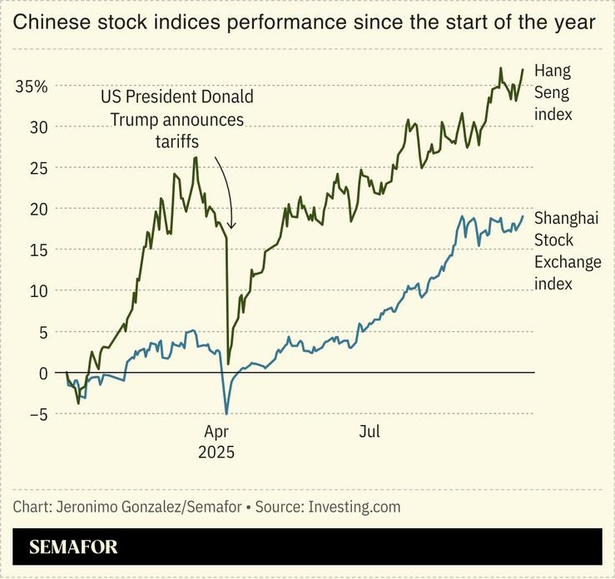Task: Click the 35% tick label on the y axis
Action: pos(30,87)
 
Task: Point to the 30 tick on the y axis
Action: pos(38,127)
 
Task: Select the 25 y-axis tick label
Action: pos(38,168)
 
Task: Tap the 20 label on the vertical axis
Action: pos(38,209)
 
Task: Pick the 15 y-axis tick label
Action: pos(38,250)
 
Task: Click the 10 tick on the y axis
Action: pos(38,290)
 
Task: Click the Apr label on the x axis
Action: pos(216,432)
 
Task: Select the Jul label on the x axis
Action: pos(369,432)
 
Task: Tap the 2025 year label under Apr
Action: pos(216,453)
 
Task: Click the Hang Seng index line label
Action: pos(553,92)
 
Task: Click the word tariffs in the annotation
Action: pos(176,141)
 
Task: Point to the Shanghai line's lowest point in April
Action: pos(226,413)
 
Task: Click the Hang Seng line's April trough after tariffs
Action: pos(228,364)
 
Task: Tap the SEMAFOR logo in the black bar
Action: pos(73,547)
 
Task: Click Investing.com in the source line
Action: pos(355,507)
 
